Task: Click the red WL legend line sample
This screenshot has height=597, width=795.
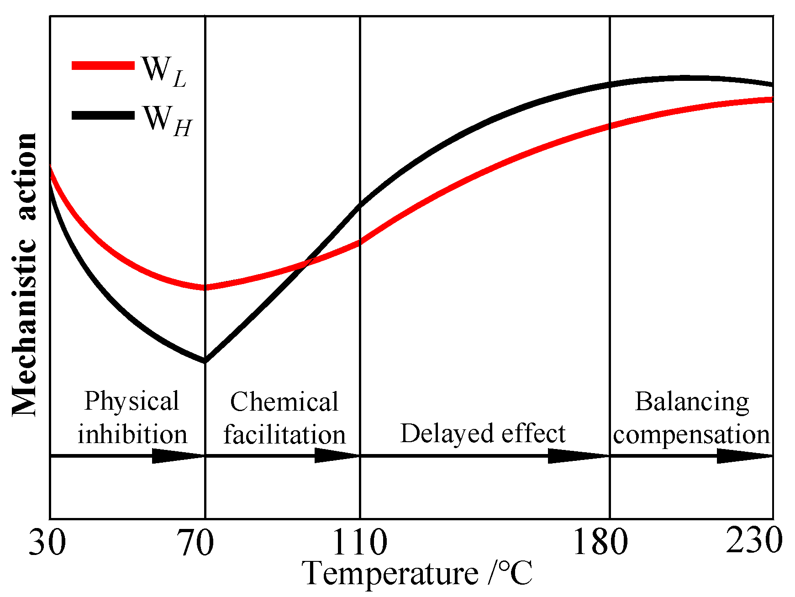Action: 103,66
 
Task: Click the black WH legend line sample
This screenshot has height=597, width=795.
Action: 103,115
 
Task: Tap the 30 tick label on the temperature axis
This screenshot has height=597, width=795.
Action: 47,543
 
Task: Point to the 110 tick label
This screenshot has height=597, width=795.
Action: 359,543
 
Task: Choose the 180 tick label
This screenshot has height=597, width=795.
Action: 600,543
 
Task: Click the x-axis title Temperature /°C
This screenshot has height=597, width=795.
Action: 417,574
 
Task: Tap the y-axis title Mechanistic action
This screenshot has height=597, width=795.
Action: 24,274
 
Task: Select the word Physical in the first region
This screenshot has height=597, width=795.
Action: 132,401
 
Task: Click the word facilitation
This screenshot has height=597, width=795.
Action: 284,434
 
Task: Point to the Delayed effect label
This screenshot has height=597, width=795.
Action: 483,433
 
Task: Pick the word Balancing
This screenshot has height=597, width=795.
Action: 691,402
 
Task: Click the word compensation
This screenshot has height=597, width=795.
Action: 691,434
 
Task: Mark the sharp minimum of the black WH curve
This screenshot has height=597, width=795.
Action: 205,361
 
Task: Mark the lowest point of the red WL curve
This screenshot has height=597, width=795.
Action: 205,287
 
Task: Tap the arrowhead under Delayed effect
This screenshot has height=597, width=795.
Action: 575,455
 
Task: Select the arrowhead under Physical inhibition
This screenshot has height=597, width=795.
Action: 176,455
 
